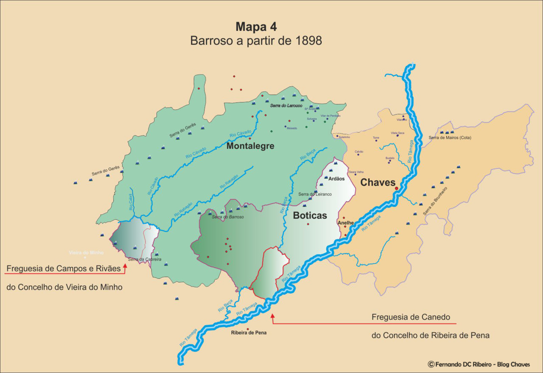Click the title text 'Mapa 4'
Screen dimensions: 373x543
pos(256,27)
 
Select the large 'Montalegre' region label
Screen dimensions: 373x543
pos(250,146)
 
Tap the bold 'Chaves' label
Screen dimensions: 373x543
pos(378,182)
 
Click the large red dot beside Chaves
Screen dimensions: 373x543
pos(396,188)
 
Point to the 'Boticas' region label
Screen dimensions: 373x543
pos(310,215)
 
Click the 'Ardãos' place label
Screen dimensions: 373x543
pos(337,178)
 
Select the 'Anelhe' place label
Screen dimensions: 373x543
pos(345,223)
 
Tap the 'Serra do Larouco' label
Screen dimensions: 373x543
pos(286,105)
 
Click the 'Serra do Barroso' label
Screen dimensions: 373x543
pos(228,217)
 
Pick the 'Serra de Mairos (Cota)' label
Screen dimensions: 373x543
pos(450,138)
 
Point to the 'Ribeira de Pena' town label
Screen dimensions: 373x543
pos(249,333)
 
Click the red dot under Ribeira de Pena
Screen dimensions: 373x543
pos(248,329)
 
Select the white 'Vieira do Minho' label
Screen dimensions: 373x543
pos(86,253)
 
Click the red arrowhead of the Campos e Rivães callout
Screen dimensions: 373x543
pos(125,266)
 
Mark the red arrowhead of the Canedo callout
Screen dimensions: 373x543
pos(272,315)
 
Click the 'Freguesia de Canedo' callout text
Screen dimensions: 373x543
pos(411,317)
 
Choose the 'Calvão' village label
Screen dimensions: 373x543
pos(359,151)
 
